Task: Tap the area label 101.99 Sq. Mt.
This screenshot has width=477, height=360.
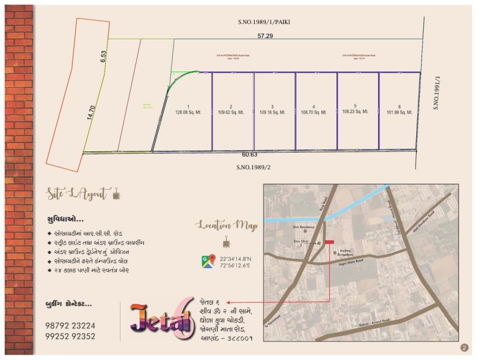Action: click(x=399, y=112)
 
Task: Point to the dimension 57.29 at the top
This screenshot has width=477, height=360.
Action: click(x=265, y=36)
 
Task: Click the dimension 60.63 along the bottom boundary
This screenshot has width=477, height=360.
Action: click(x=250, y=154)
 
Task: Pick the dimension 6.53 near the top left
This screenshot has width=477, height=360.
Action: click(x=103, y=57)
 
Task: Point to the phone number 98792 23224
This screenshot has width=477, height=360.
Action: click(x=70, y=325)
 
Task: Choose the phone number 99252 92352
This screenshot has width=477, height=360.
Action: click(x=70, y=336)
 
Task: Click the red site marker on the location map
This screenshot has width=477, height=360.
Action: click(x=329, y=242)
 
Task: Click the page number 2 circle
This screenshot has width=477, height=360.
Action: click(x=464, y=347)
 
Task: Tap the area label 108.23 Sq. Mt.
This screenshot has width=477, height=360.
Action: click(x=358, y=111)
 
